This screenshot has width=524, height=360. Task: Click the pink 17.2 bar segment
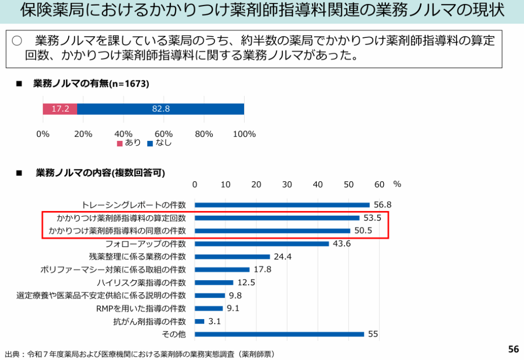click(60, 109)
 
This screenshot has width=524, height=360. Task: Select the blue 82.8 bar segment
click(161, 109)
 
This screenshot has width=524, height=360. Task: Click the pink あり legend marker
click(120, 143)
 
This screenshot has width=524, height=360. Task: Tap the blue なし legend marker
click(150, 143)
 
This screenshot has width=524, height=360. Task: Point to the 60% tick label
click(164, 134)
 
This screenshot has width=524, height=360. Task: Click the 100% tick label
click(244, 134)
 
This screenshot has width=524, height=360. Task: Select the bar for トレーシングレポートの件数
click(282, 205)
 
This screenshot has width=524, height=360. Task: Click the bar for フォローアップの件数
click(261, 244)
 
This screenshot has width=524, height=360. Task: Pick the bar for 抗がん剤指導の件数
click(200, 322)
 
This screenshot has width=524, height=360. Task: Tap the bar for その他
click(279, 334)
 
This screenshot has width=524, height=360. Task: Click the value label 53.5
click(373, 218)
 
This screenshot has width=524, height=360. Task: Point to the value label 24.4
click(282, 257)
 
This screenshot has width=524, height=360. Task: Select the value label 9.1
click(233, 308)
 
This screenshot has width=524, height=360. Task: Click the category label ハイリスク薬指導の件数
click(141, 283)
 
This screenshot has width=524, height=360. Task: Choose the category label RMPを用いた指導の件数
click(141, 308)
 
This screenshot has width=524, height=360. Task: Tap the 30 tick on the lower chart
click(287, 184)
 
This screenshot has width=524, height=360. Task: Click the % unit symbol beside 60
click(397, 184)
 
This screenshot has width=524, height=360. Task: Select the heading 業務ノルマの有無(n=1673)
click(91, 83)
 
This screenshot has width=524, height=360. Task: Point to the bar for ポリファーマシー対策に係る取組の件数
click(222, 269)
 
